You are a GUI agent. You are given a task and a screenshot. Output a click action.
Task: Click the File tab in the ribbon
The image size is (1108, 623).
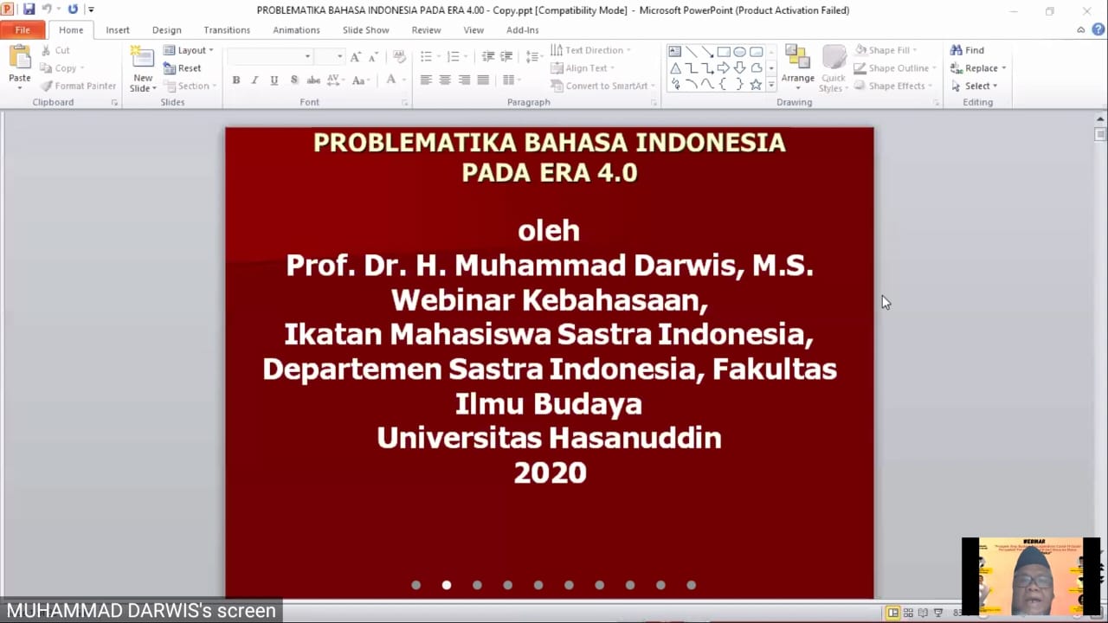23,30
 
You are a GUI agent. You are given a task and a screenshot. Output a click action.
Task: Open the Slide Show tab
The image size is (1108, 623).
365,30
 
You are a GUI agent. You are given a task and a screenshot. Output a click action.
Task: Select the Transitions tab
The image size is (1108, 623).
227,30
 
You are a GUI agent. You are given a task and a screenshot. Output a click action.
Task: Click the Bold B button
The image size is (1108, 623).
235,80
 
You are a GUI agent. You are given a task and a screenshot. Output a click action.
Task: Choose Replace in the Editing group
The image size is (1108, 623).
977,68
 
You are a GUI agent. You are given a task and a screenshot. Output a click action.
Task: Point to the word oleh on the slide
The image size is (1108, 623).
549,231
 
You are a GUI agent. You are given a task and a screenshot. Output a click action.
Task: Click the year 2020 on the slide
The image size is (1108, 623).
550,472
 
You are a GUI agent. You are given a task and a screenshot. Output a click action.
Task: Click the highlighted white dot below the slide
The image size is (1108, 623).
447,585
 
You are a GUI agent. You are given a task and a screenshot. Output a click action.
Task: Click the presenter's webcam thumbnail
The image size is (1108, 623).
1030,575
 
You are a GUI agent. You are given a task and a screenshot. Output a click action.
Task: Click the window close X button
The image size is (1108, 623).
1087,11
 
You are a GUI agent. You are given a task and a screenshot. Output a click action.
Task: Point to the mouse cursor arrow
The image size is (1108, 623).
885,301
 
